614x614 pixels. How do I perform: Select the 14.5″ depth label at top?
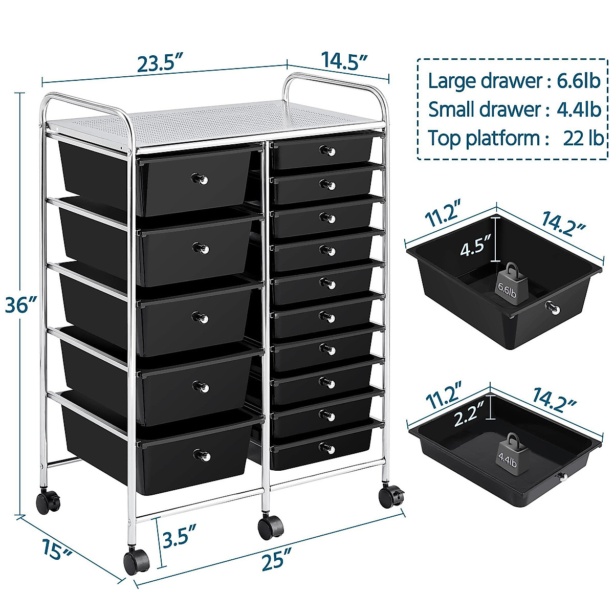coord(344,59)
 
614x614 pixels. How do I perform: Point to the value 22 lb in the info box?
coord(583,138)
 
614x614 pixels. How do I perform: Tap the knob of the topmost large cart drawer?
coord(200,179)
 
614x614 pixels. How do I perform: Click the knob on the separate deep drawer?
coord(553,308)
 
